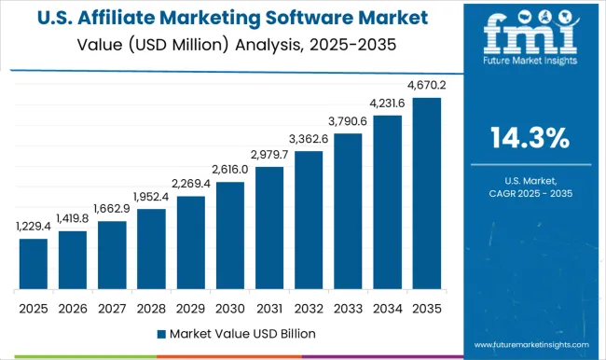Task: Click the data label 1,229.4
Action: tap(34, 228)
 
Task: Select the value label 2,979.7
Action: tap(269, 155)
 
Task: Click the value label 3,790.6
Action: tap(348, 121)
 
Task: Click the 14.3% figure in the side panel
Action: tap(530, 138)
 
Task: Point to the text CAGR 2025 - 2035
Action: tap(530, 193)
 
